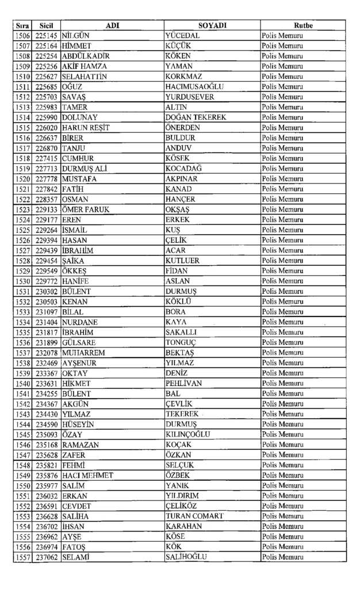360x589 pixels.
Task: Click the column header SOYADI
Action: coord(212,26)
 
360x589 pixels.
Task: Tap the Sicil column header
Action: coord(47,26)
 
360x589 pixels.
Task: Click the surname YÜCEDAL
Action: coord(182,36)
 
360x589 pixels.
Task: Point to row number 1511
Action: coord(22,87)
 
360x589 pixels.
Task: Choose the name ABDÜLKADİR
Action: coord(86,56)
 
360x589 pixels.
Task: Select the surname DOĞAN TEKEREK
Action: coord(196,117)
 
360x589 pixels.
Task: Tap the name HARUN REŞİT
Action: coord(86,128)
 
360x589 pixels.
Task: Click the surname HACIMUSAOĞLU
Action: coord(194,87)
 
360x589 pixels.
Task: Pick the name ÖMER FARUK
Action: coord(86,209)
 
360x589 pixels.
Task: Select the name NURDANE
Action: coord(80,322)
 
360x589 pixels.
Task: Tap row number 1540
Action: coord(22,384)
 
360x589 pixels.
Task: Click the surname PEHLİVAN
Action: coord(183,384)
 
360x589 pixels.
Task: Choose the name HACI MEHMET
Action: coord(87,476)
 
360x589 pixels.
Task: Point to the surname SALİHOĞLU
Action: coord(186,557)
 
